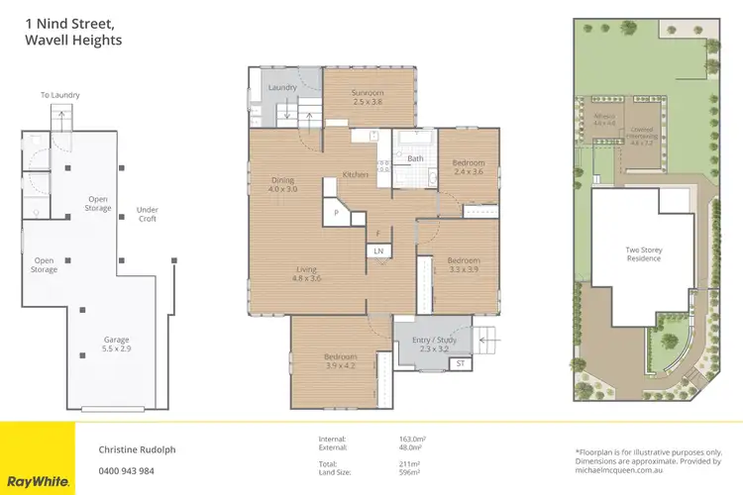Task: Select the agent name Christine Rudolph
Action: [x=138, y=448]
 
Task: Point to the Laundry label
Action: [x=282, y=88]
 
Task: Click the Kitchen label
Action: [x=356, y=175]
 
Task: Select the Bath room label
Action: [x=415, y=158]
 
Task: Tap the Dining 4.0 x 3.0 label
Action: [x=283, y=184]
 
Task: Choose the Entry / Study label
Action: [x=430, y=345]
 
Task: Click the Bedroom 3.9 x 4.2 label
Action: [x=340, y=360]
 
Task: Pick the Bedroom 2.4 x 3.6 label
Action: [x=468, y=166]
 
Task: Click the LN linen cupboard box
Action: [x=378, y=251]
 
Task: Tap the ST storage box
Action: [x=460, y=364]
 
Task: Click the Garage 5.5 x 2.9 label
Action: [x=117, y=345]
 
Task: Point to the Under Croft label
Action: [x=148, y=214]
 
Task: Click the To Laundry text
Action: [x=59, y=95]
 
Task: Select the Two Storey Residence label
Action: [x=643, y=254]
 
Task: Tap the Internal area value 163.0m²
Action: [x=411, y=439]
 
